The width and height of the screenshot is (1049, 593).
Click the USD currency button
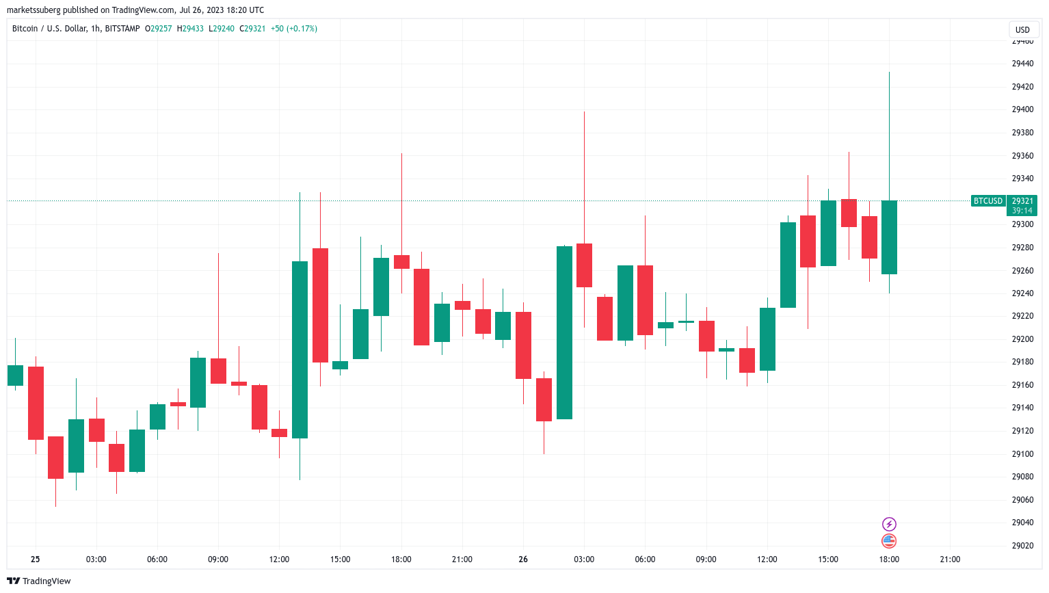click(x=1022, y=29)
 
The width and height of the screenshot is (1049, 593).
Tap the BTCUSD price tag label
click(x=988, y=201)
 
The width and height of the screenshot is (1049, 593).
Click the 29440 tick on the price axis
click(x=1022, y=64)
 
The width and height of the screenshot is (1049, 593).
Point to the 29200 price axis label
click(x=1022, y=339)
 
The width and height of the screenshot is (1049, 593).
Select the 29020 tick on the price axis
click(x=1022, y=546)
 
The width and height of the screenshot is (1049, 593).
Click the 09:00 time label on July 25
click(x=218, y=559)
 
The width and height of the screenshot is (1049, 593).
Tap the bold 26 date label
click(x=523, y=559)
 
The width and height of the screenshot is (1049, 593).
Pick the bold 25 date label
click(x=36, y=559)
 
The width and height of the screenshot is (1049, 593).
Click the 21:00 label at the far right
click(x=950, y=559)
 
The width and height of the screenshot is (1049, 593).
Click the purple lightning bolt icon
click(x=889, y=524)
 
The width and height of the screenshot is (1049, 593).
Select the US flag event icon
click(x=889, y=541)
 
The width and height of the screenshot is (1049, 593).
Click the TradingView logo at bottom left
click(x=39, y=581)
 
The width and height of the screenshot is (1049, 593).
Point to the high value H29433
click(x=190, y=29)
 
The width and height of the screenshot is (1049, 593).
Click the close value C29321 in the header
click(x=252, y=29)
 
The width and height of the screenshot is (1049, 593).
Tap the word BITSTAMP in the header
click(x=122, y=29)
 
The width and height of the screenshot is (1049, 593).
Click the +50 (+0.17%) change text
click(x=294, y=29)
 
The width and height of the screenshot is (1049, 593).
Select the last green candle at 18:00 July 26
click(x=889, y=237)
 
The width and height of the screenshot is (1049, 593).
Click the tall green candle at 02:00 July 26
click(x=564, y=332)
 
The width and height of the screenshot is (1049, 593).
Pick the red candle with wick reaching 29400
click(x=584, y=265)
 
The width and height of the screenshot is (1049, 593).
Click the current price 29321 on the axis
click(x=1022, y=201)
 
